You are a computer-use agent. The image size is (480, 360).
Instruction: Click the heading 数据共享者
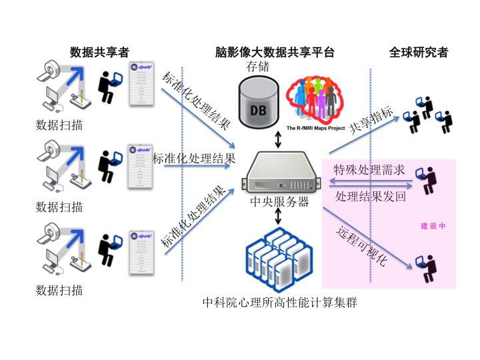coord(99,52)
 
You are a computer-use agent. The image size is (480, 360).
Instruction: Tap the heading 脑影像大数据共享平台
coord(275,52)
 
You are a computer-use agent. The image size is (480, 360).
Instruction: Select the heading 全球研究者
coord(418,52)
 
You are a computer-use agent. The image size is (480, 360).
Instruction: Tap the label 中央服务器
coord(279,201)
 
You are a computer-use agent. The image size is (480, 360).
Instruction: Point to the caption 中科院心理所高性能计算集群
coord(279,303)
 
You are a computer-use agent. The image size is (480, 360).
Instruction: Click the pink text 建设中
coord(433,226)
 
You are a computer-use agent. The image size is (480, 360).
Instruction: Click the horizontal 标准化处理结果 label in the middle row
coord(194,158)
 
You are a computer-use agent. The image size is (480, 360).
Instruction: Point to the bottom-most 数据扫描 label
coord(59,290)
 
